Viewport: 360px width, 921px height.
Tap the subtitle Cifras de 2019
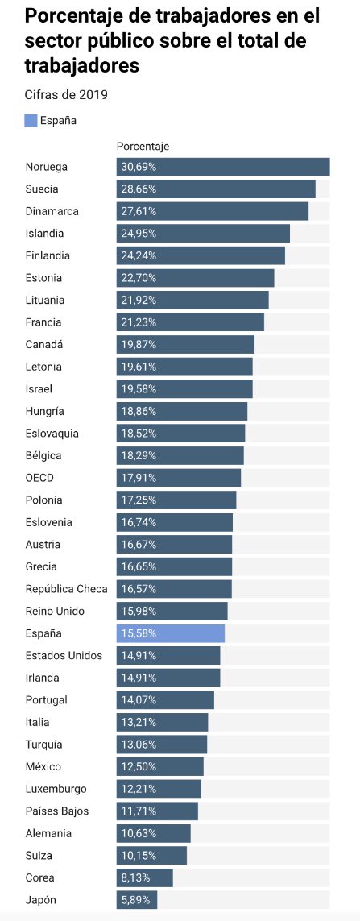66,94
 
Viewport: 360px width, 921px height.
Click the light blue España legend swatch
31,120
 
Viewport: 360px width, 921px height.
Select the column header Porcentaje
143,146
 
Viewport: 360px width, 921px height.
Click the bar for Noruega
223,167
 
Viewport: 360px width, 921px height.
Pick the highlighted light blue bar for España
171,633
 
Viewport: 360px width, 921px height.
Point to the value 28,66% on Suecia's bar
139,189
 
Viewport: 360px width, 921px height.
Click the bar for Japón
136,900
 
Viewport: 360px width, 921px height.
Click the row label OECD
40,478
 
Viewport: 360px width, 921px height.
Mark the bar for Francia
190,322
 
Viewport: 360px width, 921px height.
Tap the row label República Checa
66,589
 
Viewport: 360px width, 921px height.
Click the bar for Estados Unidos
168,655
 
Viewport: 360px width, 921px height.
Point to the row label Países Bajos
57,811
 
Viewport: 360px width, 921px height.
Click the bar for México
160,766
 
